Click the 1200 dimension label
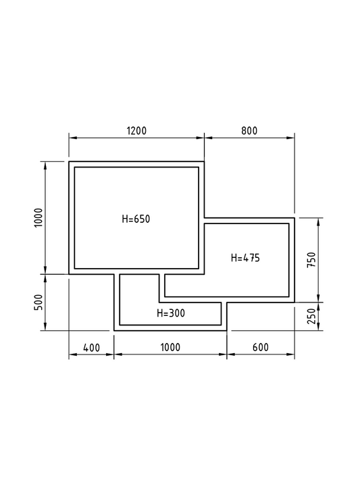pos(136,131)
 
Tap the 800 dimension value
pos(249,131)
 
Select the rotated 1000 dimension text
pos(38,217)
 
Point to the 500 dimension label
pos(38,302)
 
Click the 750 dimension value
pos(311,260)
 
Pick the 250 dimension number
pos(311,316)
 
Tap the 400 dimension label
pos(91,348)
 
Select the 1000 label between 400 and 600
pos(170,348)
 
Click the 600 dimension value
pos(261,348)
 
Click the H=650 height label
pos(136,219)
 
